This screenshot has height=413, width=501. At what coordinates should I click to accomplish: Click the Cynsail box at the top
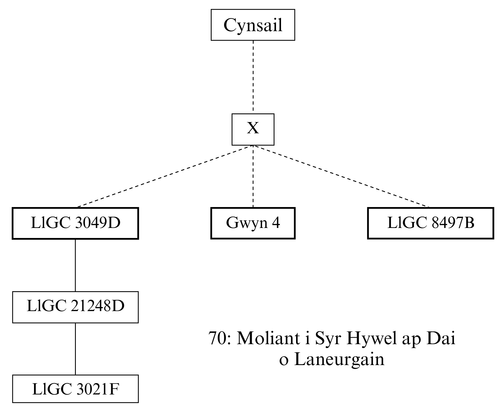253,25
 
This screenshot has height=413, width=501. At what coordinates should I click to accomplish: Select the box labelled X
253,129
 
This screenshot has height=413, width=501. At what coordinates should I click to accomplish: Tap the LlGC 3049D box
75,223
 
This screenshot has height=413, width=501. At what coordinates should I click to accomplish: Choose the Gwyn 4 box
253,223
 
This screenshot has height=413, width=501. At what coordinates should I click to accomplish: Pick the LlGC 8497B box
430,223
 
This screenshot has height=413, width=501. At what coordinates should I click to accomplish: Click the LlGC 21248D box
75,307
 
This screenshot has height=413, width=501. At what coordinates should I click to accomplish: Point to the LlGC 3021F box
75,389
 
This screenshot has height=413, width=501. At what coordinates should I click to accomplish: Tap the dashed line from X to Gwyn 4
253,176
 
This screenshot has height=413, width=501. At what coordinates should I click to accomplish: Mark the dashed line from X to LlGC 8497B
342,176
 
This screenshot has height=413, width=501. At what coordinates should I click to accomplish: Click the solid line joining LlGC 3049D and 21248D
75,265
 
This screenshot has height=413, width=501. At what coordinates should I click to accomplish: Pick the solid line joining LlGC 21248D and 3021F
75,349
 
